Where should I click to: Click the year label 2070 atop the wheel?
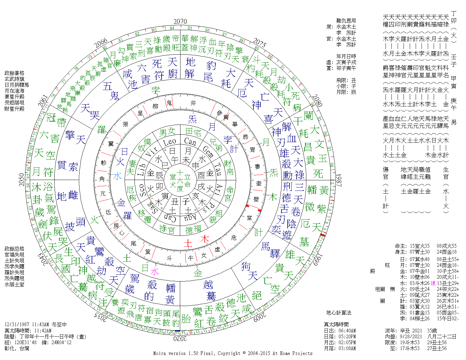[180, 21]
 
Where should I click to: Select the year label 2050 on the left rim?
[21, 180]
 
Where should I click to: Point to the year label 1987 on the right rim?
[339, 180]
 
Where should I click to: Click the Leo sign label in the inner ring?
[170, 142]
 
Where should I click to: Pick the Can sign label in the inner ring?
[190, 142]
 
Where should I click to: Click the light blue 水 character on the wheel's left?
[117, 176]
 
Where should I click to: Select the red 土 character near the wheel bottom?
[188, 243]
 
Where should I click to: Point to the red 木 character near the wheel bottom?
[204, 239]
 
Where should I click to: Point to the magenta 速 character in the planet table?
[433, 283]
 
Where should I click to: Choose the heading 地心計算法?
[339, 313]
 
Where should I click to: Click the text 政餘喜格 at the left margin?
[14, 73]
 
